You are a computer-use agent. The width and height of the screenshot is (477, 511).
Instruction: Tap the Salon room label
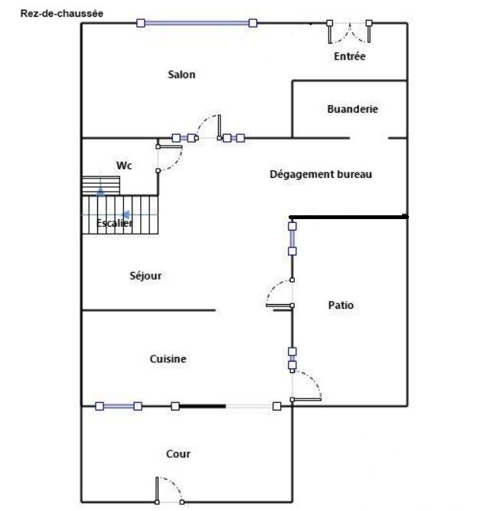[181, 74]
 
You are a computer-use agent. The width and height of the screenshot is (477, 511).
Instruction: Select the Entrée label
[350, 57]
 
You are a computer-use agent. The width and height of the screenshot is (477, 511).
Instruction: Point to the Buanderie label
[352, 109]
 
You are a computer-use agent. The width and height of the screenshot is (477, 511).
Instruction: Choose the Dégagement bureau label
[321, 174]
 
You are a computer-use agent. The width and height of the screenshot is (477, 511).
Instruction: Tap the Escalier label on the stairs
[115, 223]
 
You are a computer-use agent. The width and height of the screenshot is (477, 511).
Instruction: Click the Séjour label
[145, 276]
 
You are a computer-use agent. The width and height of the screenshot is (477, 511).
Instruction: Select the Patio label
[341, 305]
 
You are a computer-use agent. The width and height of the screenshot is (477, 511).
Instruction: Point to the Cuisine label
[168, 359]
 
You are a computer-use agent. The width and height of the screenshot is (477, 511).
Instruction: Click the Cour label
[178, 454]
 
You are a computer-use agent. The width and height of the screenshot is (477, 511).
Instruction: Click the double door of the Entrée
[350, 32]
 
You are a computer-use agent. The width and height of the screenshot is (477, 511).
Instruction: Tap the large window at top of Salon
[196, 24]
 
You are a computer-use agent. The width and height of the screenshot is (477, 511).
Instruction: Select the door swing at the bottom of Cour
[168, 490]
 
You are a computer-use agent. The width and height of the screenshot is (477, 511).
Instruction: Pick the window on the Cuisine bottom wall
[119, 406]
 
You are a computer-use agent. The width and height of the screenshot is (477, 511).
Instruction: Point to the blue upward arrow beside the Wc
[100, 190]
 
